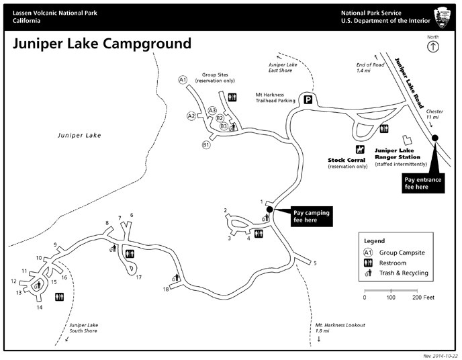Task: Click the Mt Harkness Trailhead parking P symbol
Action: click(308, 100)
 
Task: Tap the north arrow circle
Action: click(433, 46)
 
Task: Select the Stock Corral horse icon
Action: click(360, 150)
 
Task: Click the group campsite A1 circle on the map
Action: click(183, 79)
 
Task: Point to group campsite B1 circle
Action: click(206, 145)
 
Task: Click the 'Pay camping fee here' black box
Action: click(312, 216)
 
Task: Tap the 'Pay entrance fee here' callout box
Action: click(423, 183)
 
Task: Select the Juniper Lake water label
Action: click(79, 135)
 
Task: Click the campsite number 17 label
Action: click(138, 277)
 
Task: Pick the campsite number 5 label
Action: click(315, 263)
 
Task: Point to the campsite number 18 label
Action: click(166, 289)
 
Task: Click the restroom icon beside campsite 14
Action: click(60, 297)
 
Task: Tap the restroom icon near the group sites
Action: click(232, 97)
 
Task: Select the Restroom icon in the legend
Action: click(368, 263)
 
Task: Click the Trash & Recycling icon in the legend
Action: click(368, 273)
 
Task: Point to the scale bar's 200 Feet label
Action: click(424, 298)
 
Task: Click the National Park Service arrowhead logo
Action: click(443, 17)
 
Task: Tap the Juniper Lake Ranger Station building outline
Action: click(407, 140)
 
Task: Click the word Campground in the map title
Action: click(147, 44)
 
